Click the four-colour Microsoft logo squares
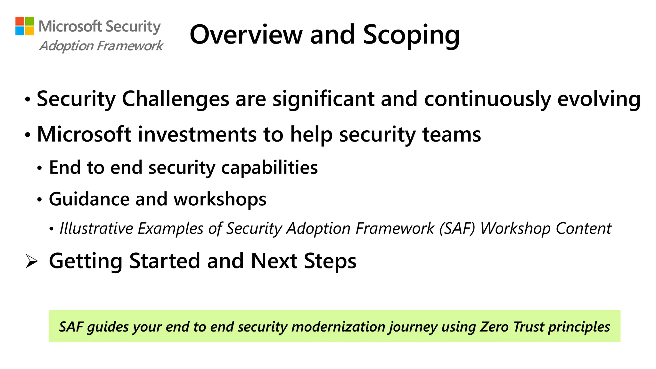[x=25, y=26]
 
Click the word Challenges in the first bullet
[x=176, y=99]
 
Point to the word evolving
[x=599, y=99]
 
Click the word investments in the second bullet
[x=197, y=134]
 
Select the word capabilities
[x=269, y=168]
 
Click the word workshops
[x=220, y=199]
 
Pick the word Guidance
[x=89, y=199]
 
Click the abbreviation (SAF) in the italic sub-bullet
[x=457, y=229]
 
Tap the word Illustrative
[x=96, y=229]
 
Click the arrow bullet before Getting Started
[x=31, y=261]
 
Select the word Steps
[x=330, y=261]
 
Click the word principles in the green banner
[x=579, y=327]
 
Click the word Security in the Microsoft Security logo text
[x=133, y=27]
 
